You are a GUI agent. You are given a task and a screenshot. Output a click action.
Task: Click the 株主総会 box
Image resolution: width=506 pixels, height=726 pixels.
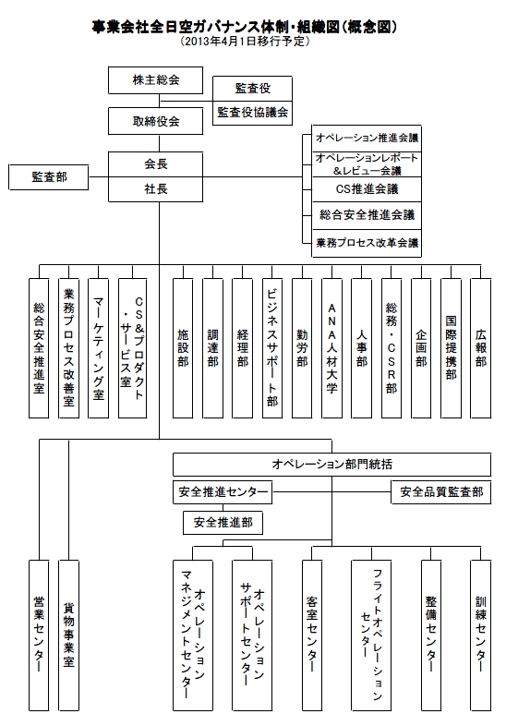click(x=155, y=80)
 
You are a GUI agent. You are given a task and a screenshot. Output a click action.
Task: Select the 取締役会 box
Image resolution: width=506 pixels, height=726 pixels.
click(x=155, y=121)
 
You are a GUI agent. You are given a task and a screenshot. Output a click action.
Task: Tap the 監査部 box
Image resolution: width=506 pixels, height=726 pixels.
click(x=49, y=176)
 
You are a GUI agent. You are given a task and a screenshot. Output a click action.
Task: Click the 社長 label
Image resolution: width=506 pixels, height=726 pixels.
click(x=155, y=189)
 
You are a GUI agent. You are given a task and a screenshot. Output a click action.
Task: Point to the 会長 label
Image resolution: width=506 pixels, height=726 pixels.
click(x=155, y=163)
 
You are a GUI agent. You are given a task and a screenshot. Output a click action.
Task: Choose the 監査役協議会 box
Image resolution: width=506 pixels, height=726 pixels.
click(x=252, y=113)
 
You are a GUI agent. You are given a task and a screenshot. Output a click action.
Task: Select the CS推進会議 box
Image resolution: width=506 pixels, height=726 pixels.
click(x=367, y=189)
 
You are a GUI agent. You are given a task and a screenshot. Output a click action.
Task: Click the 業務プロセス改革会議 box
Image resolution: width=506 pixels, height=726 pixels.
click(x=367, y=243)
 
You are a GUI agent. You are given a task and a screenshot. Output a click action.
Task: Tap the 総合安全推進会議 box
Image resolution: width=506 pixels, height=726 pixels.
click(x=367, y=215)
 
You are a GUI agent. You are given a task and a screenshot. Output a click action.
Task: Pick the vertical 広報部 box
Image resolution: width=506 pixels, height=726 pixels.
click(x=480, y=348)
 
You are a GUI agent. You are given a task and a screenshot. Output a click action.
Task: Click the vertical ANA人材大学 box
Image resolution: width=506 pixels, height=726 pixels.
click(x=331, y=348)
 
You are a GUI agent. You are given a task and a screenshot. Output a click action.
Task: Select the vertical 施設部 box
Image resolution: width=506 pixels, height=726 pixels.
click(x=183, y=348)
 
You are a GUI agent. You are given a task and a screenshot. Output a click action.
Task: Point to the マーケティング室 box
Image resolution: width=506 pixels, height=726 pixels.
click(x=98, y=348)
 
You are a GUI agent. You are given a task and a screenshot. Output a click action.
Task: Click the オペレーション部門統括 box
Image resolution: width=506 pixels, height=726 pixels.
click(x=331, y=465)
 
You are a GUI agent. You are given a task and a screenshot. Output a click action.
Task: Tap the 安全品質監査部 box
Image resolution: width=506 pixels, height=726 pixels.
click(x=441, y=491)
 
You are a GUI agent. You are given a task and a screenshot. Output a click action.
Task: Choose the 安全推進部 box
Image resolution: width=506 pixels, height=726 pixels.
click(x=223, y=523)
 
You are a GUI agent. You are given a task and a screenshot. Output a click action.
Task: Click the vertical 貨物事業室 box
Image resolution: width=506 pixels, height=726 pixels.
click(x=68, y=635)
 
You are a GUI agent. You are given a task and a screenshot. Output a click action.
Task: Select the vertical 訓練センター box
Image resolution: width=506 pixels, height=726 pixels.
click(x=480, y=635)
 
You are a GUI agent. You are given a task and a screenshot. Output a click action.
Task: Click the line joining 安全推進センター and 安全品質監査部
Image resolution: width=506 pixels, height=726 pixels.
click(x=331, y=491)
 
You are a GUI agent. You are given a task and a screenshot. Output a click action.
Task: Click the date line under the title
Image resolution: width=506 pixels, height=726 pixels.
click(x=245, y=42)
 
